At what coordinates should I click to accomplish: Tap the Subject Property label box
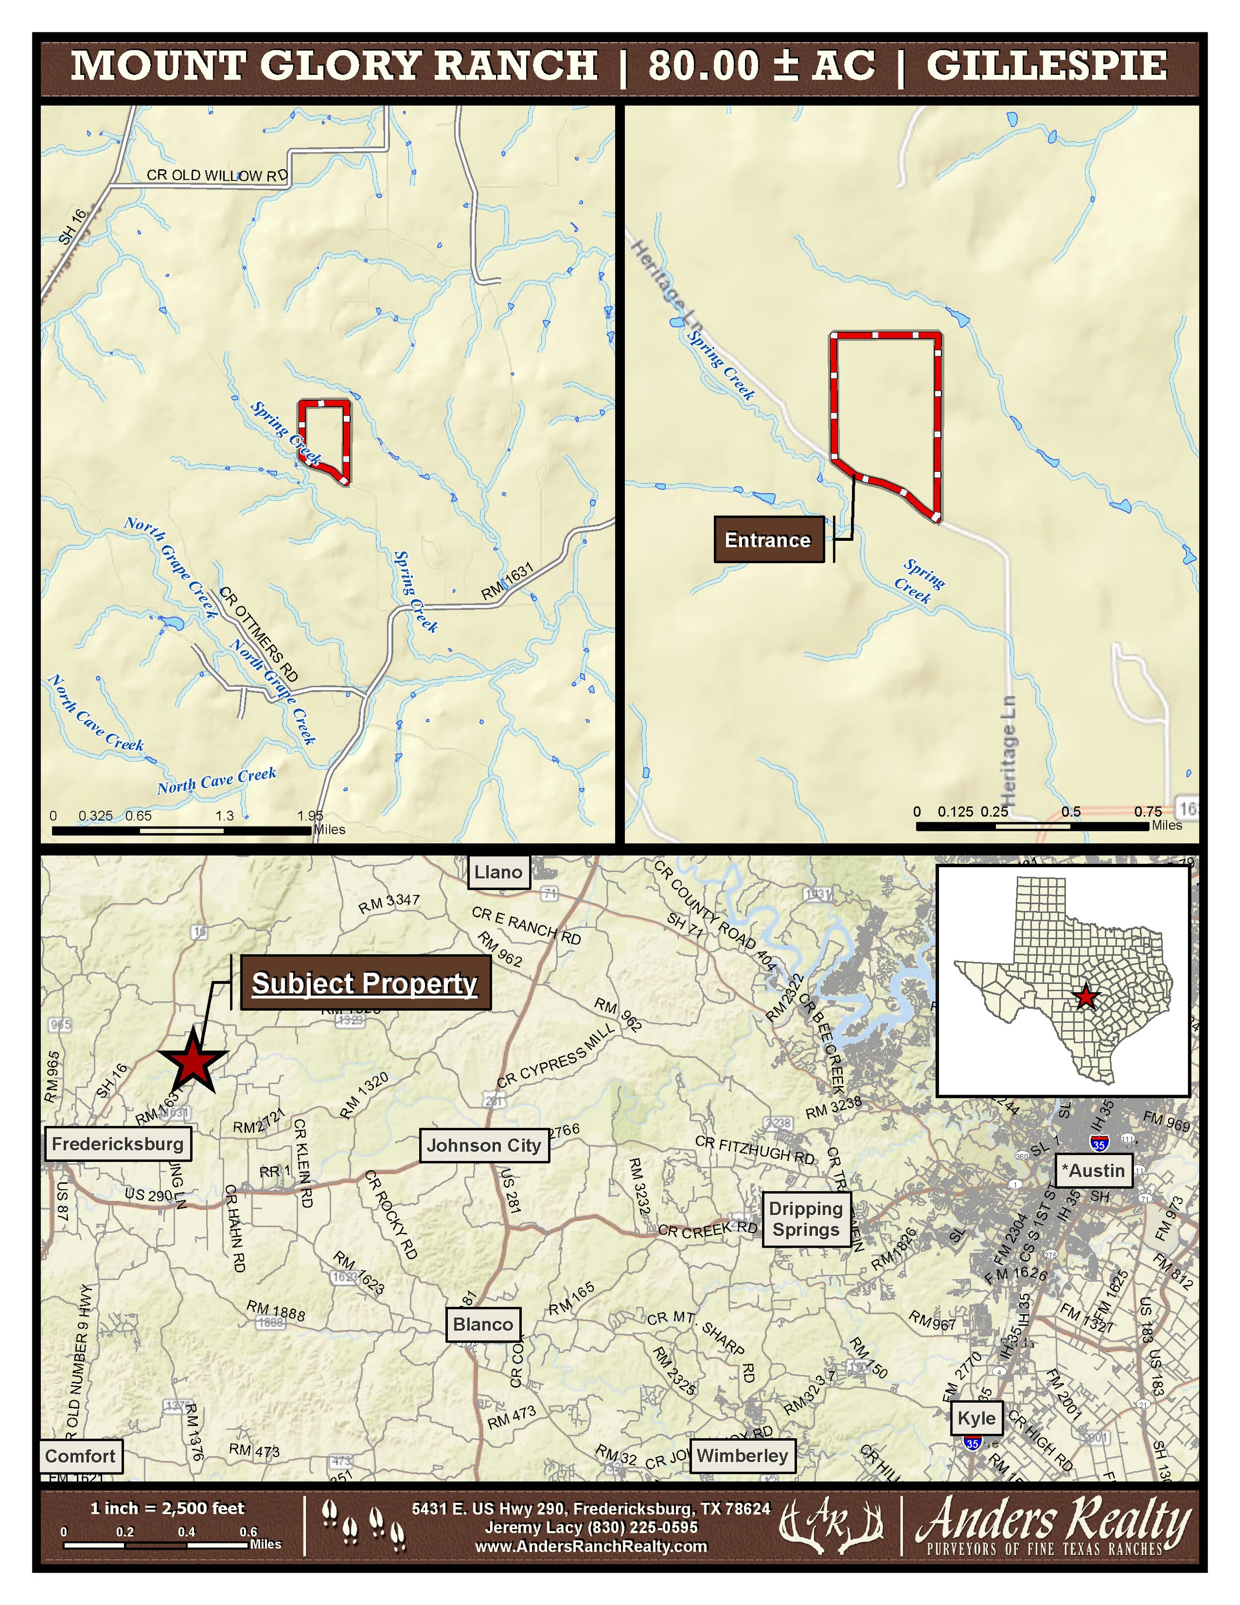(x=365, y=982)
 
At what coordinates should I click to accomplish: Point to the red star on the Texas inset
(x=1086, y=997)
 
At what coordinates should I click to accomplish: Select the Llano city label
(x=498, y=872)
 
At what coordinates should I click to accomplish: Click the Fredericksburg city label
(x=118, y=1144)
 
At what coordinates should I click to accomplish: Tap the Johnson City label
(x=484, y=1145)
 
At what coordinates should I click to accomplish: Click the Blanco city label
(x=483, y=1324)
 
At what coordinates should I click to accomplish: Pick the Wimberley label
(x=742, y=1455)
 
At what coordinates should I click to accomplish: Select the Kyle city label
(x=976, y=1418)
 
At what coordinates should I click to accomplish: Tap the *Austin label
(x=1094, y=1171)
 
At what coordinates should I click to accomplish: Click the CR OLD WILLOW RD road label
(x=217, y=176)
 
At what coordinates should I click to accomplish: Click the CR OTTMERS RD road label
(x=258, y=634)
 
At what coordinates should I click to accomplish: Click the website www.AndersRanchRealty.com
(x=591, y=1546)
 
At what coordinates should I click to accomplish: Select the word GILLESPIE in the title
(x=1046, y=65)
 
